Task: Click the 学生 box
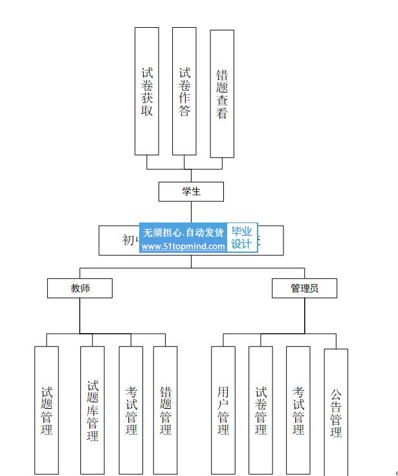click(x=191, y=191)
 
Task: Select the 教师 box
click(x=80, y=288)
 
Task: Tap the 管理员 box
click(x=304, y=288)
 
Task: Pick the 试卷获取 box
click(x=147, y=91)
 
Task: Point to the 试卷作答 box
click(x=184, y=91)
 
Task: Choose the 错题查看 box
click(x=222, y=94)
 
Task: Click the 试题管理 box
click(x=47, y=410)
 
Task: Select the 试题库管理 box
click(x=93, y=410)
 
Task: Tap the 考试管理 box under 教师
click(x=131, y=410)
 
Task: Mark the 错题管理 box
click(x=165, y=410)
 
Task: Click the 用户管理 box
click(x=223, y=410)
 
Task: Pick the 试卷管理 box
click(x=261, y=410)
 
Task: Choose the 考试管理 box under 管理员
click(x=298, y=410)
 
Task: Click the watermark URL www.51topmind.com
click(x=183, y=246)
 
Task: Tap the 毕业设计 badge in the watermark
click(x=242, y=238)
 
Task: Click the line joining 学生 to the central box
click(x=191, y=213)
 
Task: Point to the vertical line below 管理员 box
click(x=305, y=316)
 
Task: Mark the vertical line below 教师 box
click(x=80, y=316)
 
